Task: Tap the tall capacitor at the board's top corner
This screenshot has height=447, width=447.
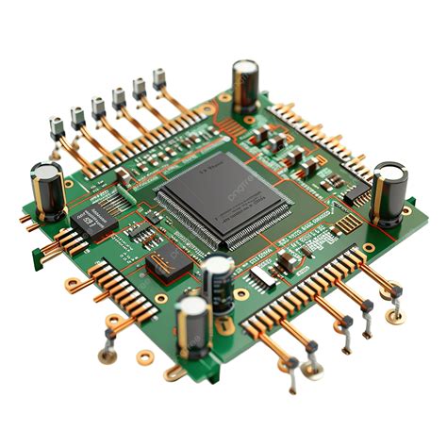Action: click(x=245, y=87)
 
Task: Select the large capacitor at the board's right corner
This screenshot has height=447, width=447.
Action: click(x=388, y=192)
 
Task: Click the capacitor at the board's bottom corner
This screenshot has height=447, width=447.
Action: click(x=193, y=326)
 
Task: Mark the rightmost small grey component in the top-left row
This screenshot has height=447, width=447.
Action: click(x=159, y=78)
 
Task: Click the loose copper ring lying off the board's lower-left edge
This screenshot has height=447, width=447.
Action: click(x=145, y=357)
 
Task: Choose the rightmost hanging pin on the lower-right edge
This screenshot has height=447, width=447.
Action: click(x=396, y=293)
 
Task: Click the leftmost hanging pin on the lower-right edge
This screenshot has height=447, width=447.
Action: click(x=292, y=371)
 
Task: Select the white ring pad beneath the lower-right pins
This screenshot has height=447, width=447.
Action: click(x=397, y=318)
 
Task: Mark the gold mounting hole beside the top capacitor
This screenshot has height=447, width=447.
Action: click(x=224, y=97)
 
